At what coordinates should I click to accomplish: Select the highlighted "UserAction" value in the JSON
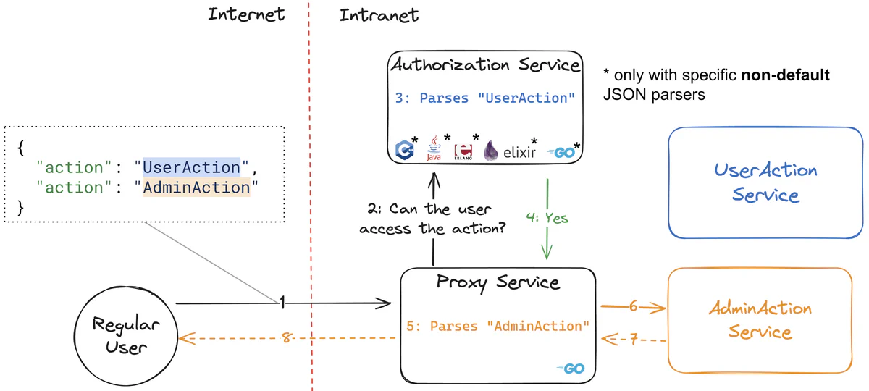191,167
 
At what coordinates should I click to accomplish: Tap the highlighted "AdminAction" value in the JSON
196,188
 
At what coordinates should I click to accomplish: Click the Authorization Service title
485,65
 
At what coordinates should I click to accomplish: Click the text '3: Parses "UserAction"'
485,98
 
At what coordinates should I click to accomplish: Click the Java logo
434,148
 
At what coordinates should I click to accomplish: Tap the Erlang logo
461,150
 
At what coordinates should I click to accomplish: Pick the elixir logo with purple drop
511,151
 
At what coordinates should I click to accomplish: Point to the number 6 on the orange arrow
633,306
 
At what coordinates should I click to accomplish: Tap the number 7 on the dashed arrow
633,340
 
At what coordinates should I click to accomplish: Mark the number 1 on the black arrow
283,303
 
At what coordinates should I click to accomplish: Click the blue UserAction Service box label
765,182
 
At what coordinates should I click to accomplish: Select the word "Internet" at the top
246,14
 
